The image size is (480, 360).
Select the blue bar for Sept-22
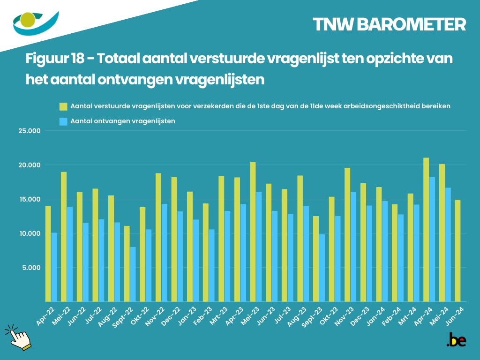[x=133, y=274]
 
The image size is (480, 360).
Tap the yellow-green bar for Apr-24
[x=426, y=229]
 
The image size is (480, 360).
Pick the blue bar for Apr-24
[x=432, y=239]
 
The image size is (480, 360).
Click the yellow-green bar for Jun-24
[x=457, y=250]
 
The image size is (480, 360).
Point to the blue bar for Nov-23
[x=353, y=246]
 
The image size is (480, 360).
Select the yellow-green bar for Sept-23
[x=316, y=258]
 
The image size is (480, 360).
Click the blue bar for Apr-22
[x=54, y=267]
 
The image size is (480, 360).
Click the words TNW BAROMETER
[x=389, y=25]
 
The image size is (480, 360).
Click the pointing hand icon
[x=19, y=337]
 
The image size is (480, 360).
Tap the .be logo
[x=456, y=340]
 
